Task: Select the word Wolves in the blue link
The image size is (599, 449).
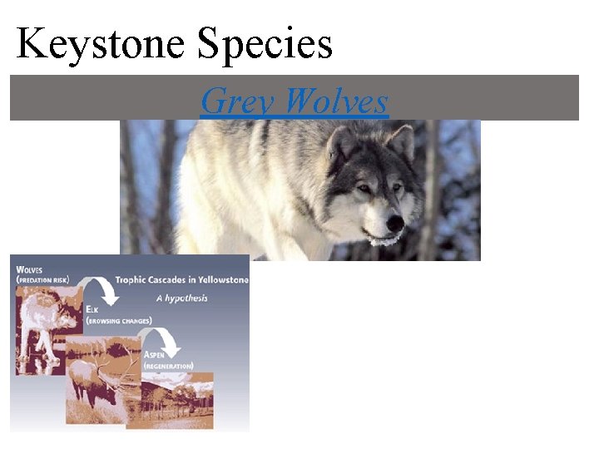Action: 336,101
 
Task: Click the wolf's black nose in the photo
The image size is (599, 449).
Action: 394,223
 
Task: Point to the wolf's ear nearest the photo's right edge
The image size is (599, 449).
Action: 402,141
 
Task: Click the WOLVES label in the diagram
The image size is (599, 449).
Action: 29,269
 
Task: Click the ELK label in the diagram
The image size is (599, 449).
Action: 92,308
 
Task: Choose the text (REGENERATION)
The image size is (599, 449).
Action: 169,365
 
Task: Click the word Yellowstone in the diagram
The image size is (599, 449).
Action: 220,280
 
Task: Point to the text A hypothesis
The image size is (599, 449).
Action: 181,299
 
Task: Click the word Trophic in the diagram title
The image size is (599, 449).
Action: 133,280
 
